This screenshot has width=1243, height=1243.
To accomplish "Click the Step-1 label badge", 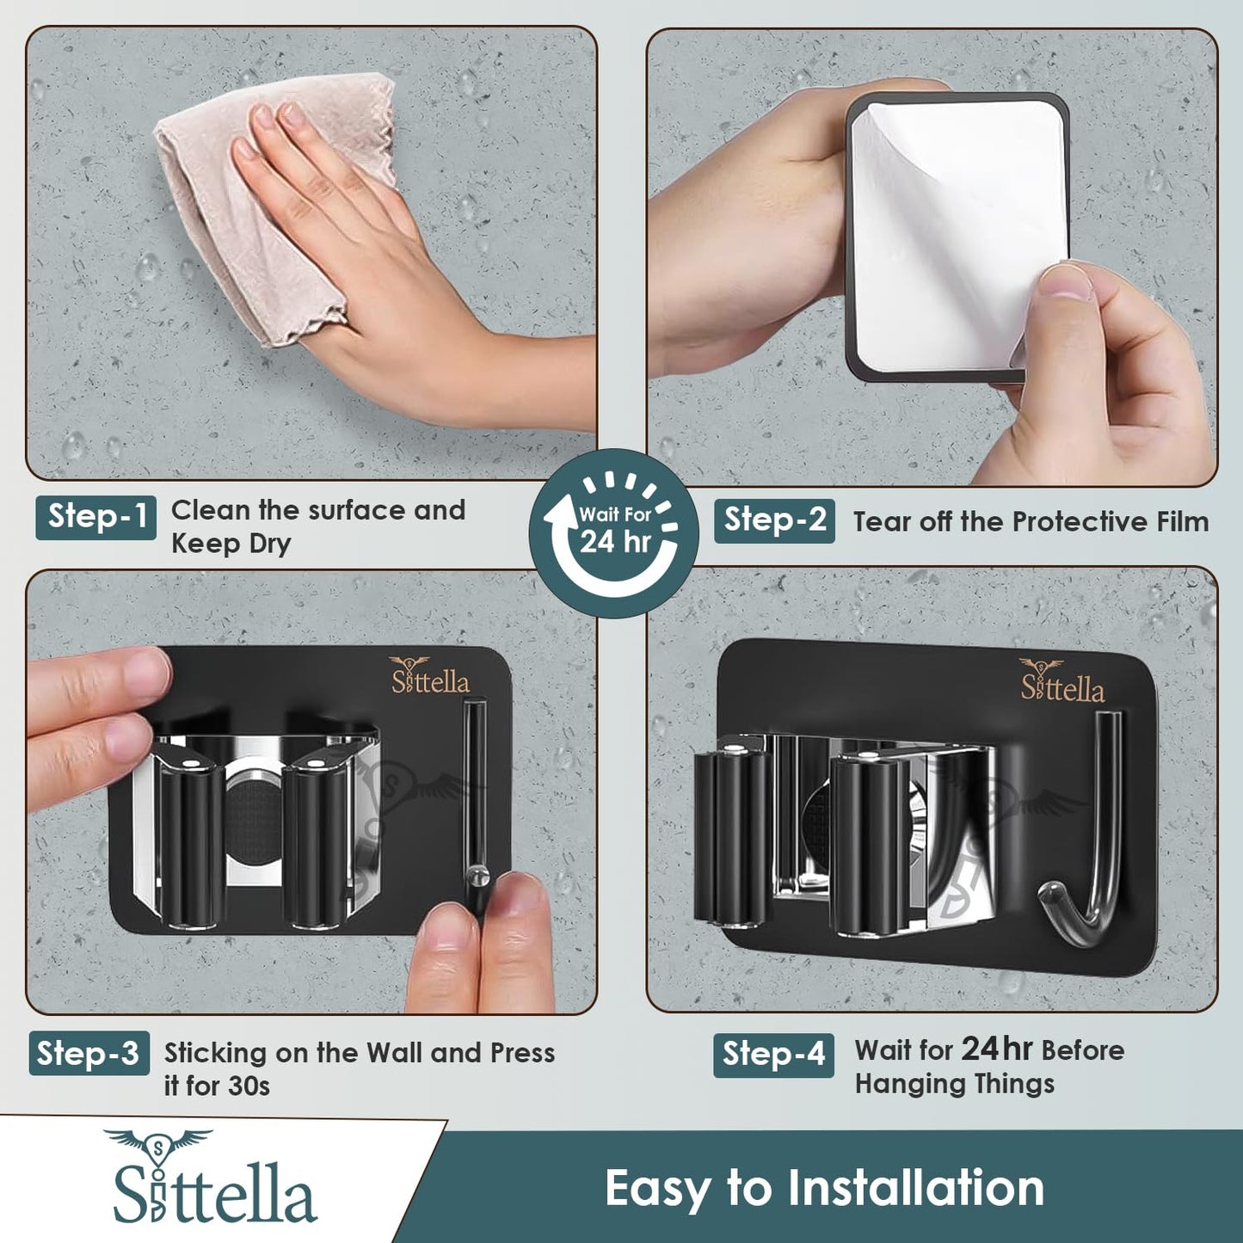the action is click(96, 517).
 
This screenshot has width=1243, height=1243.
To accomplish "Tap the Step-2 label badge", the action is click(774, 520).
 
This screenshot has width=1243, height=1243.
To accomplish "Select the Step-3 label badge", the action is click(89, 1054).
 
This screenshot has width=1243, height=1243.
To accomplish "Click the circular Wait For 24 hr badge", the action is click(614, 532).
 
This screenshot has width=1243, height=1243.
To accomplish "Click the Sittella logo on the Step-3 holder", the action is click(430, 675).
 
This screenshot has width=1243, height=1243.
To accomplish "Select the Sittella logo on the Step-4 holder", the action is click(1062, 681).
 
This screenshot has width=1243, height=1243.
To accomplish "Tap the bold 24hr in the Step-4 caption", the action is click(997, 1049).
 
